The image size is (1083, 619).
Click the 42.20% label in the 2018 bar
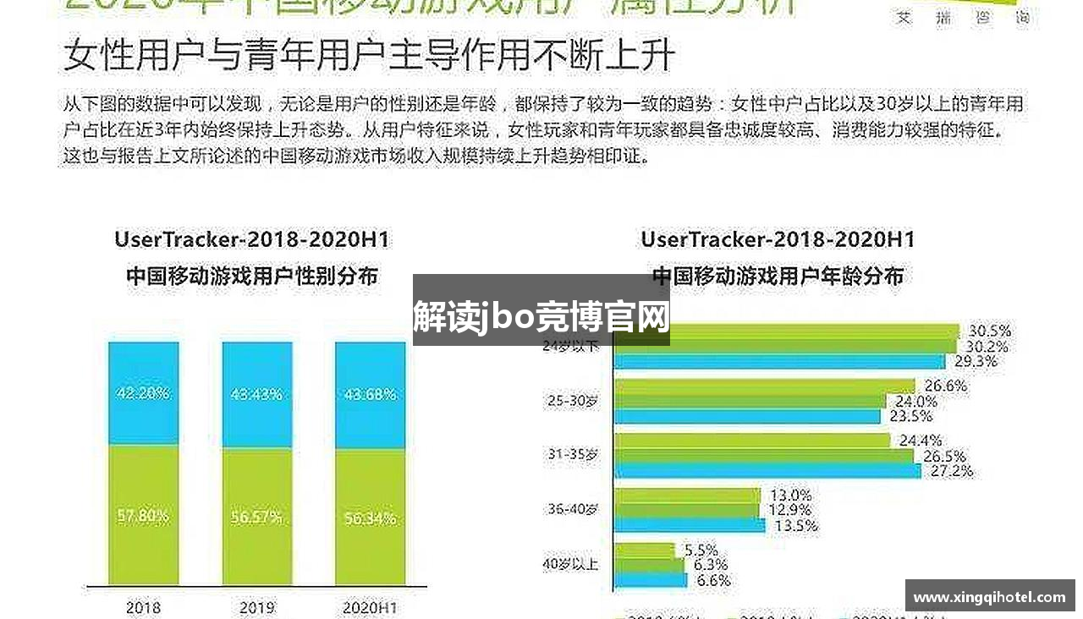click(x=143, y=393)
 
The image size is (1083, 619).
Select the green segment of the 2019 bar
click(x=256, y=516)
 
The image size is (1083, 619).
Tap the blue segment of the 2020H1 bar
click(x=370, y=394)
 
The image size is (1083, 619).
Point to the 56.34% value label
click(x=370, y=518)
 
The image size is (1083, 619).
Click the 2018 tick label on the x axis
click(x=143, y=607)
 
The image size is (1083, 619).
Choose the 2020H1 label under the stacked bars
click(x=370, y=607)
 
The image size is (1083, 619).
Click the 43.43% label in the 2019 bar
click(x=256, y=394)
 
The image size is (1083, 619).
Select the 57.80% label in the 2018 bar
click(x=143, y=515)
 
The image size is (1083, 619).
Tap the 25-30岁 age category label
click(x=573, y=401)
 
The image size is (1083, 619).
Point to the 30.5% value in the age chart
click(x=989, y=331)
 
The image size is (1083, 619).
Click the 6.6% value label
click(x=712, y=581)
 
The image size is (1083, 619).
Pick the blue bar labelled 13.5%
click(x=690, y=525)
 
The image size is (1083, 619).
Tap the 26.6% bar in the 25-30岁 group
click(x=764, y=386)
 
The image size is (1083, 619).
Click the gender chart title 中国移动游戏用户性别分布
click(x=251, y=277)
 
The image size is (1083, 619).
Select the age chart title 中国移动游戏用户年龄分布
click(x=778, y=277)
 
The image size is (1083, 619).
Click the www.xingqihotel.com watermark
click(x=989, y=597)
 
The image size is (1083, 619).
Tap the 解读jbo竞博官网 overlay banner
click(x=541, y=318)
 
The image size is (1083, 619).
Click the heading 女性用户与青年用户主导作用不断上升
click(x=369, y=56)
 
